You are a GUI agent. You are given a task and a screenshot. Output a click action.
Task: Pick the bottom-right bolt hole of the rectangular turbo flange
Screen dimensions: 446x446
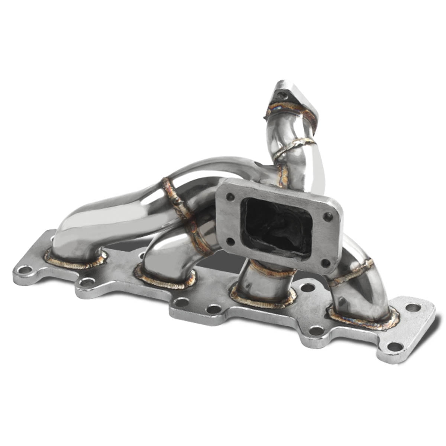click(326, 263)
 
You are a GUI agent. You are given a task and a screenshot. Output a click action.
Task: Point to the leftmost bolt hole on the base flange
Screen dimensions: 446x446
click(25, 269)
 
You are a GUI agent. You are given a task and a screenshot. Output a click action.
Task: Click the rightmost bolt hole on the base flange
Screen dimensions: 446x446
click(413, 307)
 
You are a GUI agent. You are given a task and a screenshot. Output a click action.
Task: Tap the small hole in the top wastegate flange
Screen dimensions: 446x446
click(284, 96)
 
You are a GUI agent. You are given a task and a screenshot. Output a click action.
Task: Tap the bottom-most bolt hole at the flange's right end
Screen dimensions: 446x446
click(395, 346)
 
